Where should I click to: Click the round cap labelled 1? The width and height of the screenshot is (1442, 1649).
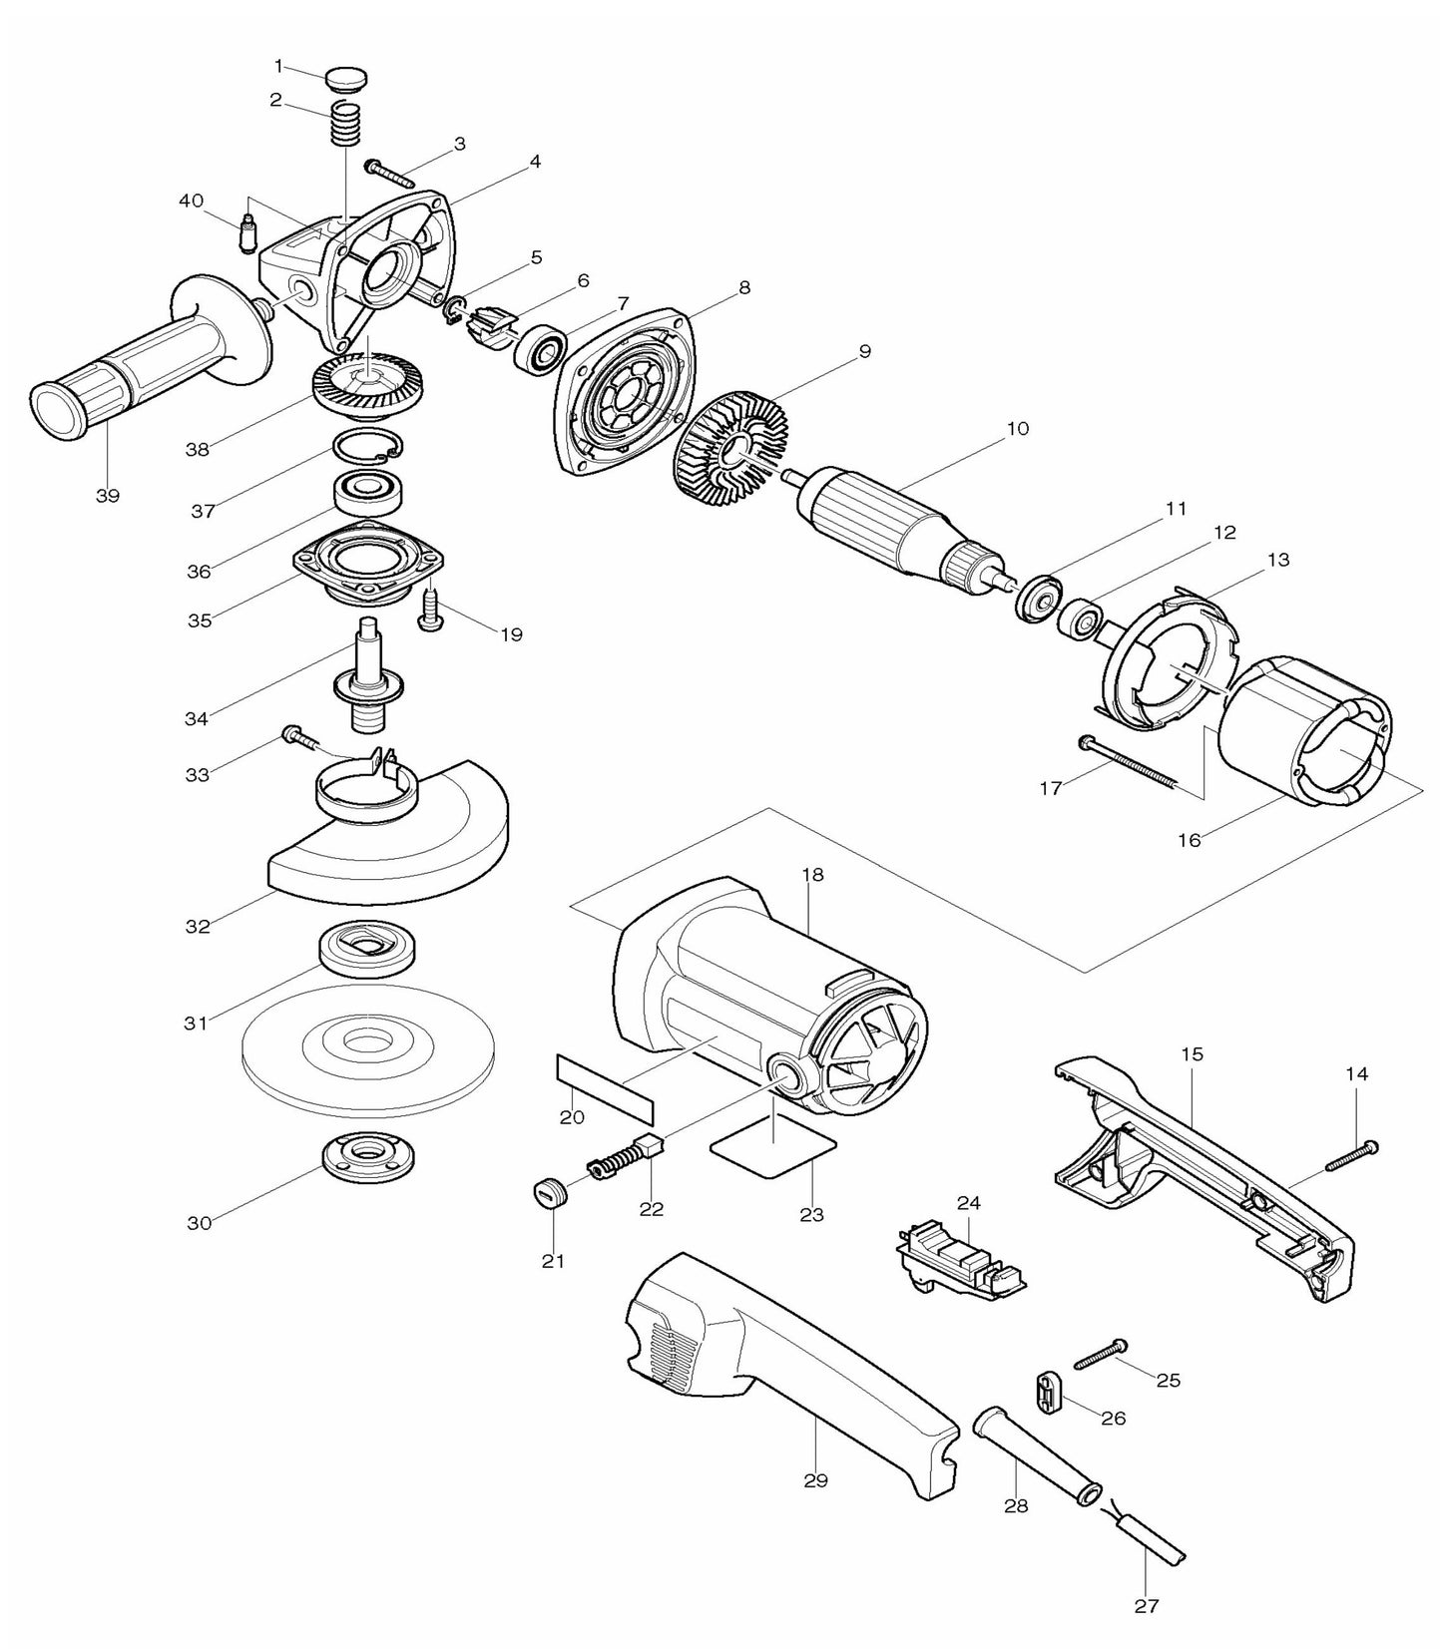coord(346,77)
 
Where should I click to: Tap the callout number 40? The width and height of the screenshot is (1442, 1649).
coord(192,202)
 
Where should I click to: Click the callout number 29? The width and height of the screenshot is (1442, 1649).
coord(815,1480)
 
